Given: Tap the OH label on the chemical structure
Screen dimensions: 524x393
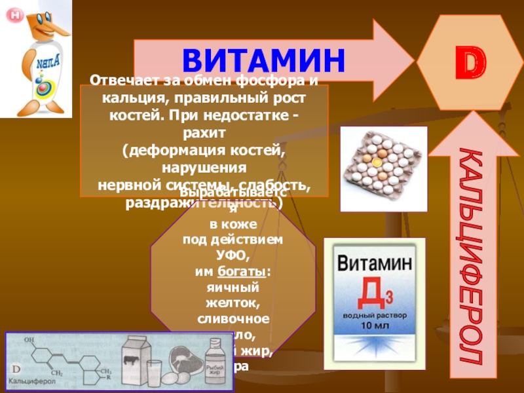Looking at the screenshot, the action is [28, 341].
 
